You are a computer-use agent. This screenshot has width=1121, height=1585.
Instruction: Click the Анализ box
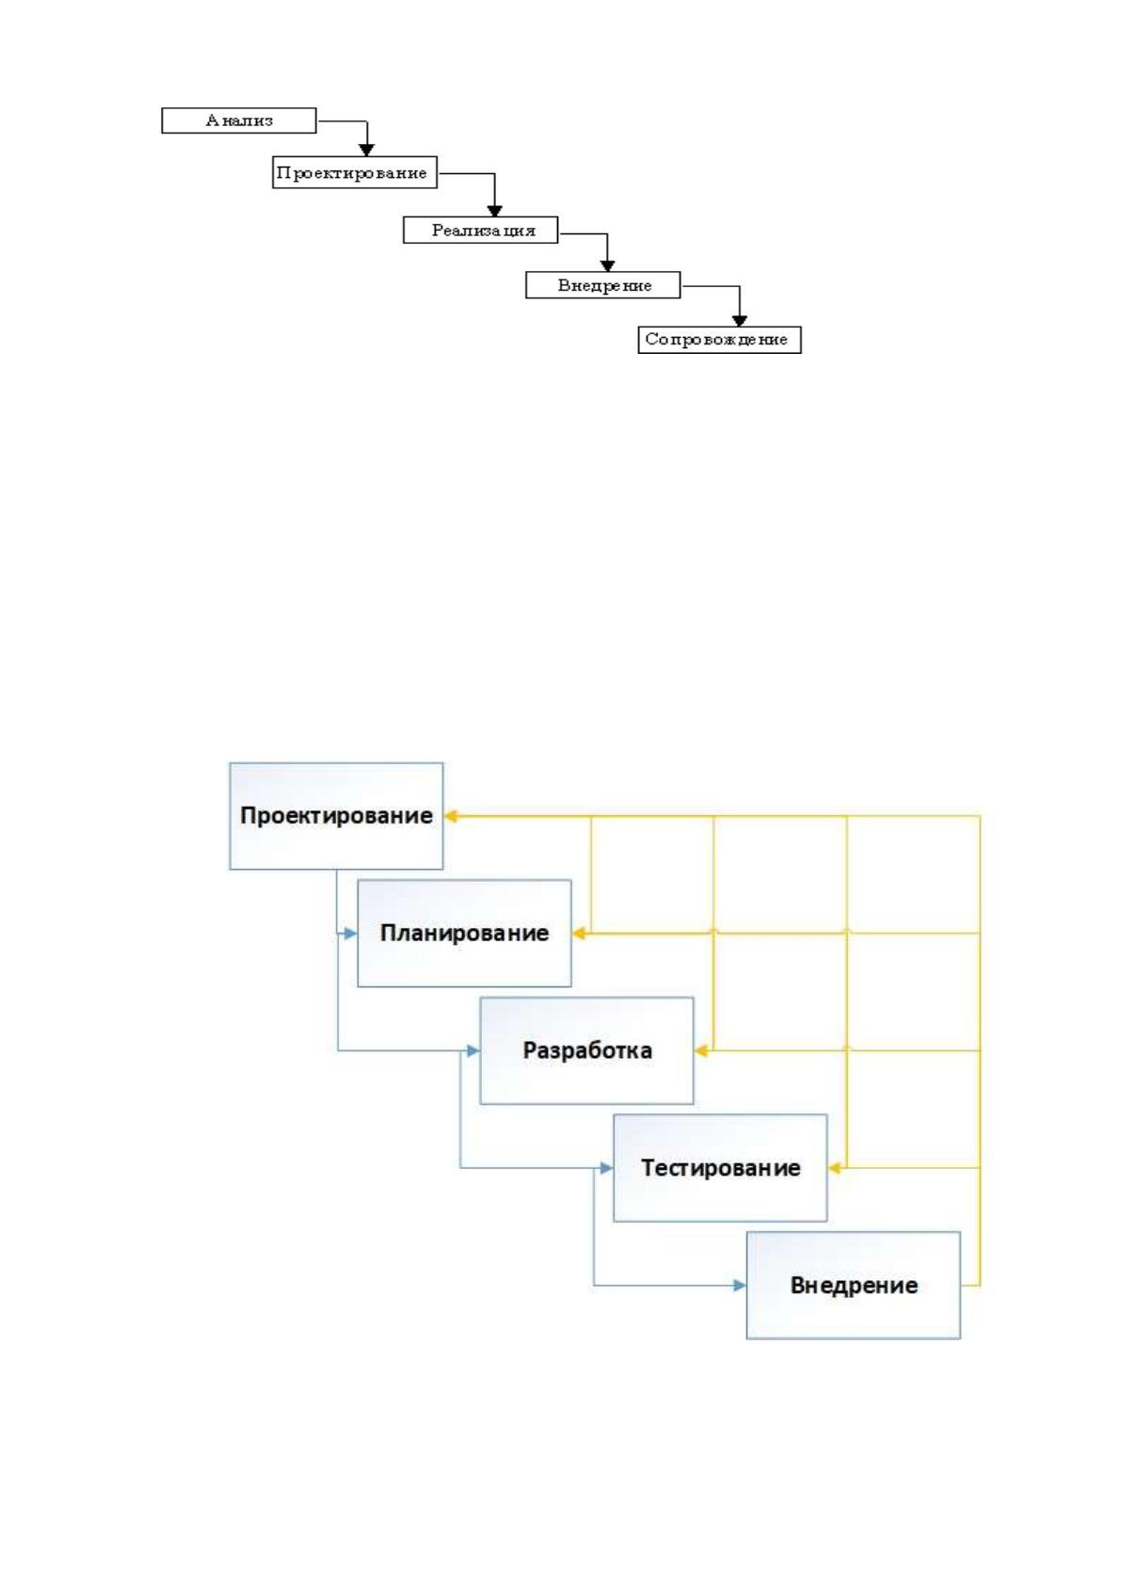[238, 120]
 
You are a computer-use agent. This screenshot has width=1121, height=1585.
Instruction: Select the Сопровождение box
[719, 339]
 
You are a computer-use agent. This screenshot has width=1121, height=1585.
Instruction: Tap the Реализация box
[481, 230]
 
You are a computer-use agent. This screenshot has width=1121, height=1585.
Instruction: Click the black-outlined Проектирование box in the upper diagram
[355, 172]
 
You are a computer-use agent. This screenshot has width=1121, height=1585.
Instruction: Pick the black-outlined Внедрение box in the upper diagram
[603, 284]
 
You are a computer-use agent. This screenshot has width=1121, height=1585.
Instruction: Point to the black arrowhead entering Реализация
[495, 211]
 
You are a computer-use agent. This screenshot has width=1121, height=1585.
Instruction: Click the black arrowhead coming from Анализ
[366, 150]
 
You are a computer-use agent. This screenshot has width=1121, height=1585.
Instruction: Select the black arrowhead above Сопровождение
[740, 321]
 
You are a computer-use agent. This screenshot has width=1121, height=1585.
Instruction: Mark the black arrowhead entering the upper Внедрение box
[607, 266]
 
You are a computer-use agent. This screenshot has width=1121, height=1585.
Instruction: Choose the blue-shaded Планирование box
[464, 933]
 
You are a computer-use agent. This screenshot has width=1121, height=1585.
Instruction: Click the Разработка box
[586, 1050]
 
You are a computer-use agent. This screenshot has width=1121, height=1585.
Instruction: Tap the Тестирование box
[720, 1167]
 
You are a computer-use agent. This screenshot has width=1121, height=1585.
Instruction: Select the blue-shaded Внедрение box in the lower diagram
[854, 1285]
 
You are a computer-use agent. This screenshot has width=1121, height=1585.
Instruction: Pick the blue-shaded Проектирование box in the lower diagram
[336, 816]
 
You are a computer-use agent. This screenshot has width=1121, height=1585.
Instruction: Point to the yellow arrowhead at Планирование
[578, 934]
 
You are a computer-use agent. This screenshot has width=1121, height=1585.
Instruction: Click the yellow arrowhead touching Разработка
[700, 1050]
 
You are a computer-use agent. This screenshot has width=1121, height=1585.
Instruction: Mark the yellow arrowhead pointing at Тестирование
[834, 1167]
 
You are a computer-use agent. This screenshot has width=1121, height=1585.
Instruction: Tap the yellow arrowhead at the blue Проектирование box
[451, 816]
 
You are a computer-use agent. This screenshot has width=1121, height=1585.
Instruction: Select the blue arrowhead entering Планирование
[350, 934]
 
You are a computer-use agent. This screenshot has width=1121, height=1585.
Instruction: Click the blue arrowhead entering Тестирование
[606, 1167]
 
